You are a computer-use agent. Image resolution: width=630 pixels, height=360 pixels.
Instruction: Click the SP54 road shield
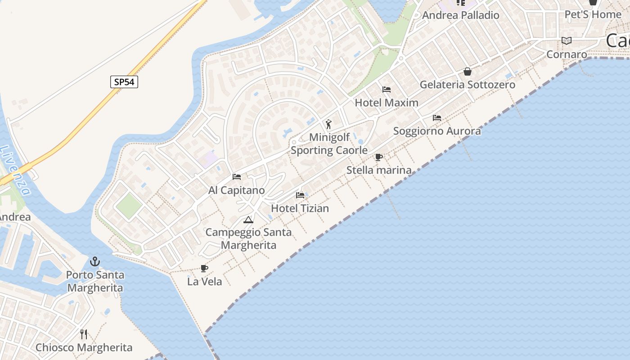tap(124, 82)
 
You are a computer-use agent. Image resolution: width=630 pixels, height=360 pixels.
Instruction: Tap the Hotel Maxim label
tap(387, 103)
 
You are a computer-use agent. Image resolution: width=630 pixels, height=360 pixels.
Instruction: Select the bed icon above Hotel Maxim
tap(387, 89)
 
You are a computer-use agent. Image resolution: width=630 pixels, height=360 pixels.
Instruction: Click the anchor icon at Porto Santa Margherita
tap(94, 261)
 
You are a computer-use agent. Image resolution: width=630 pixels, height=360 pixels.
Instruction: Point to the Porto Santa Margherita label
tap(94, 281)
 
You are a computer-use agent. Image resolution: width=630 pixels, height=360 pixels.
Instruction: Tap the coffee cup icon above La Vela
tap(204, 269)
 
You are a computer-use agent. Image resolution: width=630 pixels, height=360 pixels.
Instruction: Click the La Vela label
tap(205, 282)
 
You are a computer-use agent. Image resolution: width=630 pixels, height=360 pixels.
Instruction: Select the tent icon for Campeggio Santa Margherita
tap(248, 220)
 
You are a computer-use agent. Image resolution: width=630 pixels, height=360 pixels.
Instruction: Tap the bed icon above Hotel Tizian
tap(300, 195)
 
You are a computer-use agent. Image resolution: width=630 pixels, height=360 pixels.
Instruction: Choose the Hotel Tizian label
tap(300, 208)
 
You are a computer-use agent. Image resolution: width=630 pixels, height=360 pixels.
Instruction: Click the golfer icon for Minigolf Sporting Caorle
tap(328, 124)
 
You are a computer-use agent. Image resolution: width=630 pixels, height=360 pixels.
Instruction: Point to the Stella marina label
tap(379, 170)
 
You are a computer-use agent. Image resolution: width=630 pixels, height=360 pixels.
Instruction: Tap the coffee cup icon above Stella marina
tap(379, 157)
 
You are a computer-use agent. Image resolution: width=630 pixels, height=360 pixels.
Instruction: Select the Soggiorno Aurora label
tap(437, 131)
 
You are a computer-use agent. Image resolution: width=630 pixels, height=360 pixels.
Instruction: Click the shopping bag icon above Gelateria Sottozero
tap(468, 72)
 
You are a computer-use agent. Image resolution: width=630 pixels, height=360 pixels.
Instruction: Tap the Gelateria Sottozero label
tap(468, 85)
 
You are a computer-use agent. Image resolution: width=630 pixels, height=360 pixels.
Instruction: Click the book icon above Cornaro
tap(567, 41)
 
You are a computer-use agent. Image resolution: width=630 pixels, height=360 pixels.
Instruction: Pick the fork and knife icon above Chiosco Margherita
tap(84, 334)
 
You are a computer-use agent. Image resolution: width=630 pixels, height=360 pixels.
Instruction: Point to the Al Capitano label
tap(237, 190)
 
